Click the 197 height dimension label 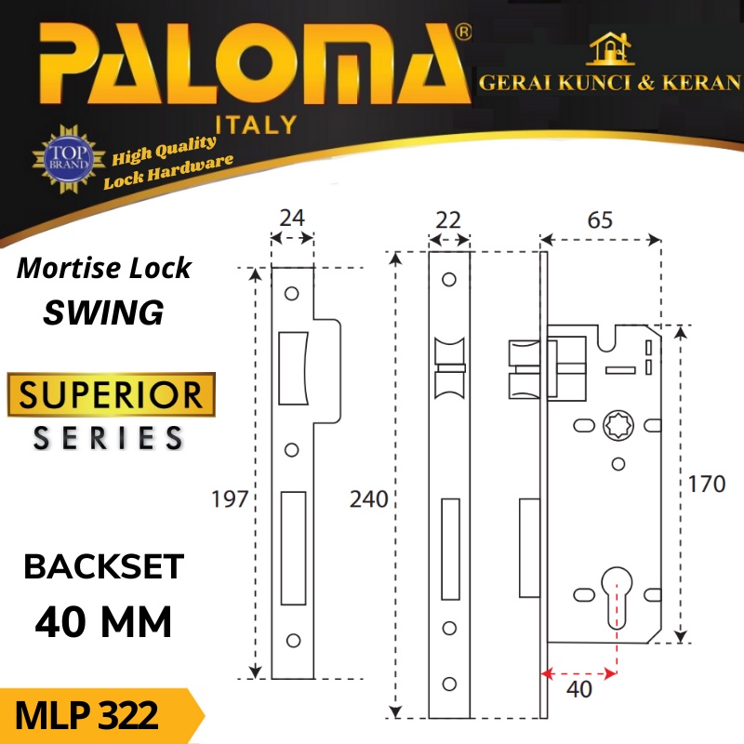(x=230, y=499)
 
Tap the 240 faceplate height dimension (x=368, y=499)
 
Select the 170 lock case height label (x=707, y=484)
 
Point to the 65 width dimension (x=600, y=219)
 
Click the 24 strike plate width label (x=292, y=218)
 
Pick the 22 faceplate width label (x=448, y=220)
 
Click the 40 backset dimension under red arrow (x=579, y=689)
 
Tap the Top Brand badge (x=69, y=159)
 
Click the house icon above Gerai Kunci (x=610, y=48)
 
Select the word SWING (x=103, y=312)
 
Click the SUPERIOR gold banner (x=111, y=394)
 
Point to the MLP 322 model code (x=86, y=715)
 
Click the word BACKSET (x=104, y=566)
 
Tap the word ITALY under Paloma (x=257, y=125)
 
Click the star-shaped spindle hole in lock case (x=618, y=426)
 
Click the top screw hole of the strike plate (x=292, y=293)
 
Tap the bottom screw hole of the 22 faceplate (x=449, y=684)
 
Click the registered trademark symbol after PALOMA (x=463, y=33)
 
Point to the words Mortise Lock (x=104, y=269)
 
